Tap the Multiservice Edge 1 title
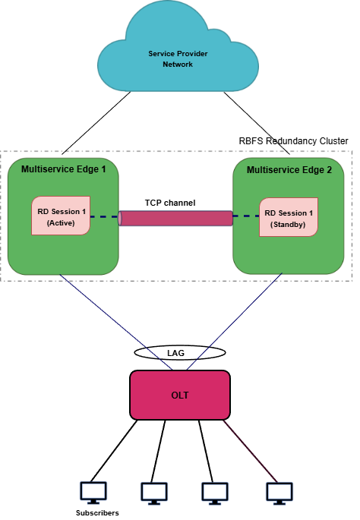63,169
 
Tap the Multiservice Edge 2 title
289,170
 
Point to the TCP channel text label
170,203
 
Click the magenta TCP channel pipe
175,218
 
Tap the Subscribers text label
96,513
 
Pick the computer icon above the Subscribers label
94,492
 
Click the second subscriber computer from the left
154,492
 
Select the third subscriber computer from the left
214,492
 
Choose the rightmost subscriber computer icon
279,492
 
